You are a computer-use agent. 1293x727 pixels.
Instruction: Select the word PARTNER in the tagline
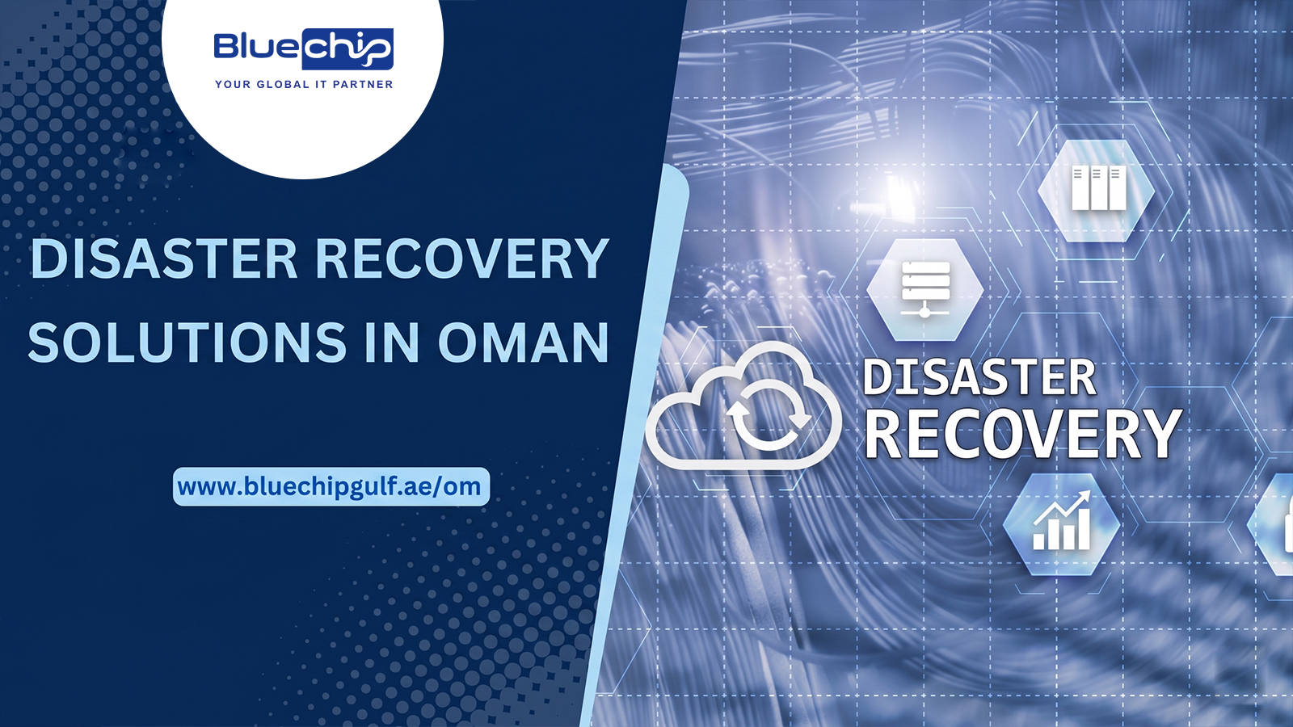(363, 84)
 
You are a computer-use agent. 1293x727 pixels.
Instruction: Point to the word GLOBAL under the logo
(283, 84)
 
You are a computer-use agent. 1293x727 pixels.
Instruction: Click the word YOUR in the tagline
(233, 84)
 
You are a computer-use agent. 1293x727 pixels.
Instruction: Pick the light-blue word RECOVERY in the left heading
(463, 258)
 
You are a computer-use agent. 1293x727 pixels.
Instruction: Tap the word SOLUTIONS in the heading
(187, 342)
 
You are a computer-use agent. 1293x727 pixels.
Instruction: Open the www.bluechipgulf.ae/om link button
(331, 486)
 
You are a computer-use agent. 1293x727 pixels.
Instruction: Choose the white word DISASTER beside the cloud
(979, 378)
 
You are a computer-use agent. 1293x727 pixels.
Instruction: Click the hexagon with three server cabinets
(1096, 191)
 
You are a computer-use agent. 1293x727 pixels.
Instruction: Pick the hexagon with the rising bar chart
(1062, 524)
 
